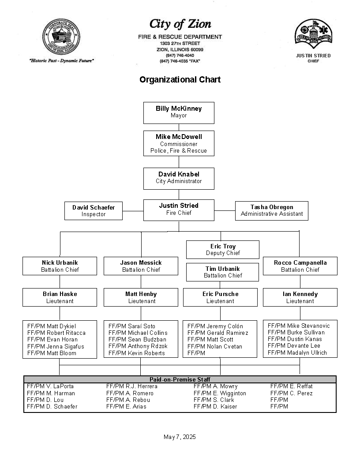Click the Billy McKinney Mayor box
click(179, 112)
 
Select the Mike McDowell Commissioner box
click(179, 143)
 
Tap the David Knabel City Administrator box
click(179, 178)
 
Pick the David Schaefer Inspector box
click(94, 210)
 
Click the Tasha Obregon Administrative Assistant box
click(272, 210)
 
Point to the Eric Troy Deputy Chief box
click(223, 250)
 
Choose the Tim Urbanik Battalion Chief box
click(223, 272)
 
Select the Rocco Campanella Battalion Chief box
click(300, 266)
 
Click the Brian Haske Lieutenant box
click(60, 297)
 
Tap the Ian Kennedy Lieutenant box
click(300, 297)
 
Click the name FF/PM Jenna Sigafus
click(56, 346)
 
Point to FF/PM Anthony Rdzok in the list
click(138, 346)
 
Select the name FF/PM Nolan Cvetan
click(215, 346)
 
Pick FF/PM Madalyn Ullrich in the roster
click(297, 352)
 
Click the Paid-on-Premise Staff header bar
click(180, 379)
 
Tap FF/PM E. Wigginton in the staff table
click(220, 393)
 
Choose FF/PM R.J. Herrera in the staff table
click(131, 386)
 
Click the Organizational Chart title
click(180, 80)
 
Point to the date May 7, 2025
click(180, 437)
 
